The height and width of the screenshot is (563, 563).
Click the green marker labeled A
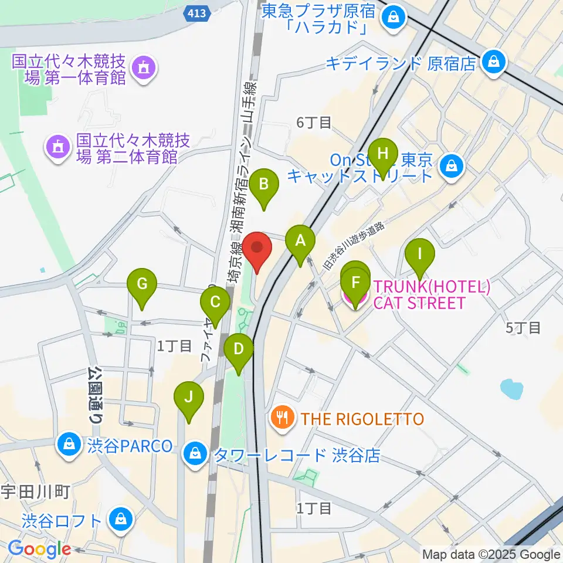tap(300, 240)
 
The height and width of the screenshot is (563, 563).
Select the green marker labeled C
tap(215, 303)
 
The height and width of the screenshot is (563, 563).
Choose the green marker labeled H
tap(384, 154)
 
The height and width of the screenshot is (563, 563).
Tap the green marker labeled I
tap(420, 254)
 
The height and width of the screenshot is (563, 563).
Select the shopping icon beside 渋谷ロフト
tap(120, 519)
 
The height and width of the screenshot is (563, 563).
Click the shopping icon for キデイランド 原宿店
tap(494, 61)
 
